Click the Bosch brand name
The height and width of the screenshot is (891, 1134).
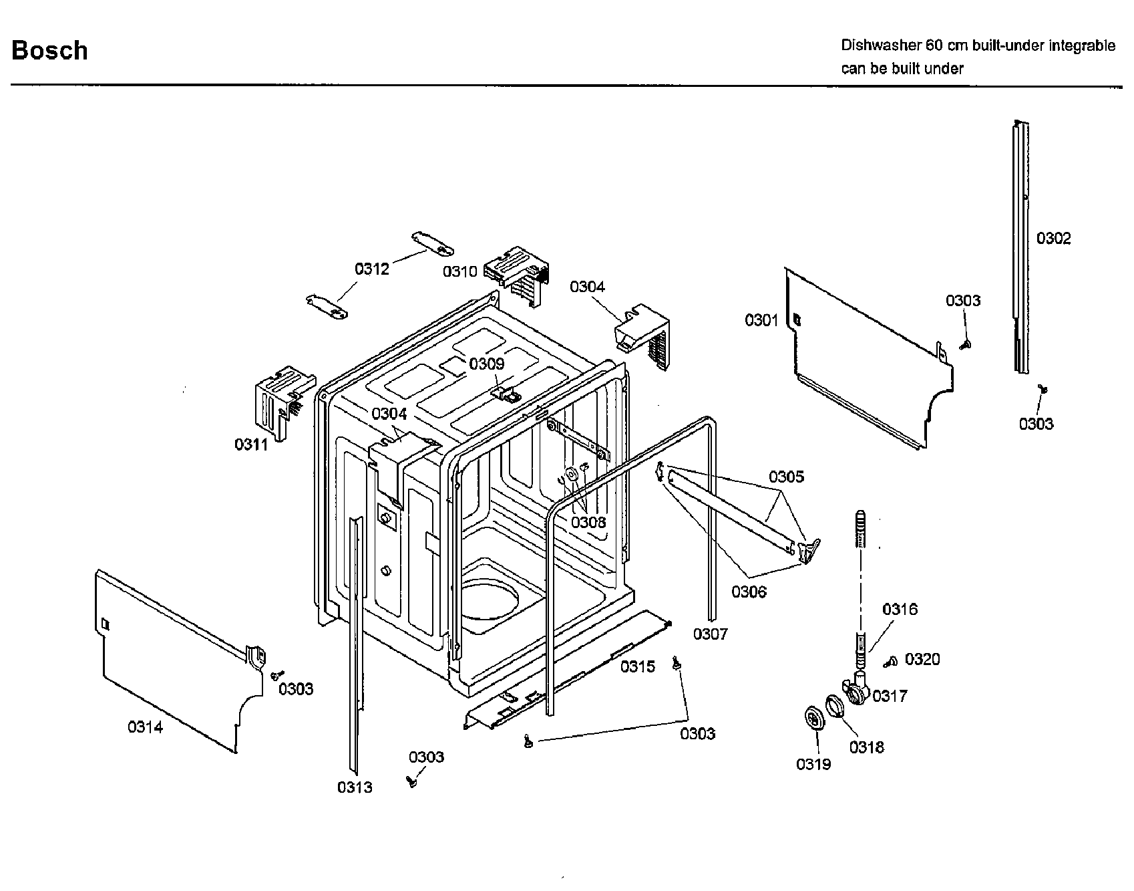coord(49,51)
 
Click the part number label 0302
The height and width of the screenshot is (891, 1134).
coord(1053,239)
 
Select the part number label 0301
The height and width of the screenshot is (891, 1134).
coord(761,321)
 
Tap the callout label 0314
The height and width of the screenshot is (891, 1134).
coord(145,727)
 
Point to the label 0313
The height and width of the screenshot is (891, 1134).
coord(355,787)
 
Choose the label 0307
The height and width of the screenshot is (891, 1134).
coord(710,634)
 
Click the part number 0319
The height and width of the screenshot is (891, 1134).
coord(813,764)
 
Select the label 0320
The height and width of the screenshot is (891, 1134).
coord(922,660)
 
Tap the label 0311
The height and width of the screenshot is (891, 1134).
coord(251,444)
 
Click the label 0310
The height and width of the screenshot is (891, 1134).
coord(460,271)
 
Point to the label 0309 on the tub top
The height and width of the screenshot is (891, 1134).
coord(486,364)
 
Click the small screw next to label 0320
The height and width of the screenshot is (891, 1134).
coord(890,662)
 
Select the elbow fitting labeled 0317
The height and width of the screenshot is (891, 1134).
coord(856,690)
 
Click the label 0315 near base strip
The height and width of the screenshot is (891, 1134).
coord(638,666)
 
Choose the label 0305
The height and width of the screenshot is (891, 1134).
coord(786,477)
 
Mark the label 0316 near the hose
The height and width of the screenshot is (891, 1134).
coord(900,609)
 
